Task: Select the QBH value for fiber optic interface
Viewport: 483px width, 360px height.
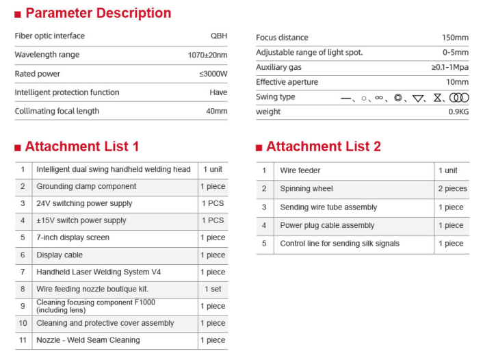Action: click(218, 36)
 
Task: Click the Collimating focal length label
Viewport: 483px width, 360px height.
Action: click(56, 111)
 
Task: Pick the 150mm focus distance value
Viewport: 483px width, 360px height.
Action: click(455, 38)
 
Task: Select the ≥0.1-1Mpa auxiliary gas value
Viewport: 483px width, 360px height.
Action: click(450, 67)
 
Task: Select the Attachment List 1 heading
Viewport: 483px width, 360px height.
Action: click(81, 146)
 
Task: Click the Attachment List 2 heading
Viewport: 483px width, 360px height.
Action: click(323, 146)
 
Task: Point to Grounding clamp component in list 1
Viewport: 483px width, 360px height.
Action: click(86, 186)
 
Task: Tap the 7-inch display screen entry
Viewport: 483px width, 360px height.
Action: click(73, 237)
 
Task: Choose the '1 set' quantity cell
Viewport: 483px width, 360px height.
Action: click(213, 289)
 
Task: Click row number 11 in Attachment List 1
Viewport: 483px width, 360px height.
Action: click(23, 340)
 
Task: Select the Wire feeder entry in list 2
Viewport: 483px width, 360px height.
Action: click(300, 170)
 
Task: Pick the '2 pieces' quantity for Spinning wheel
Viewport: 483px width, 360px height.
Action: click(452, 189)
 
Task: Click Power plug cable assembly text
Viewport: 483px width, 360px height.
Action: click(327, 225)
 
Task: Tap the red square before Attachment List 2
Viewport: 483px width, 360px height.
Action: click(259, 147)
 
